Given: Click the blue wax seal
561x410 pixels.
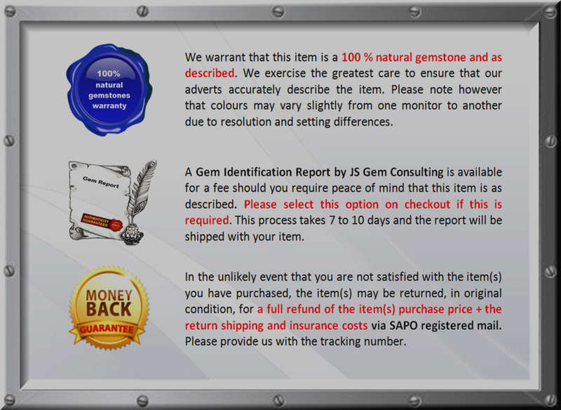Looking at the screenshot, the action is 109,90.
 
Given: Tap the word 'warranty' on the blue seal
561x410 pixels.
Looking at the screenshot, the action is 109,106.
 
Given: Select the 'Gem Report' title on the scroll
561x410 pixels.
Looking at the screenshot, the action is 100,182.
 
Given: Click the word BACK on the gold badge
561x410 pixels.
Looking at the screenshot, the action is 109,310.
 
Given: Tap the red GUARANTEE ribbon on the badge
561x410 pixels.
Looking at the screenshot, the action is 107,329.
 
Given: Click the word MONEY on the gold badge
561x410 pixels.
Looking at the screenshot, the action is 109,296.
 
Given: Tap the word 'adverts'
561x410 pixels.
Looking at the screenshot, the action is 203,90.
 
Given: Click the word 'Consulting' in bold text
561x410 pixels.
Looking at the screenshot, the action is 417,172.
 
